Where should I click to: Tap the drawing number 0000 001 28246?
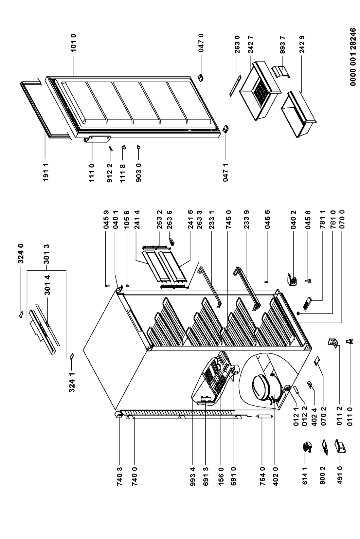click(353, 57)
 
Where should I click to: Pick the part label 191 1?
click(46, 172)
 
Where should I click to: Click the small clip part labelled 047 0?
click(200, 78)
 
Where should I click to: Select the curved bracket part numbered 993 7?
click(281, 72)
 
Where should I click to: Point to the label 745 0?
click(228, 219)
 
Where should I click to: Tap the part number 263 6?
click(169, 219)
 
